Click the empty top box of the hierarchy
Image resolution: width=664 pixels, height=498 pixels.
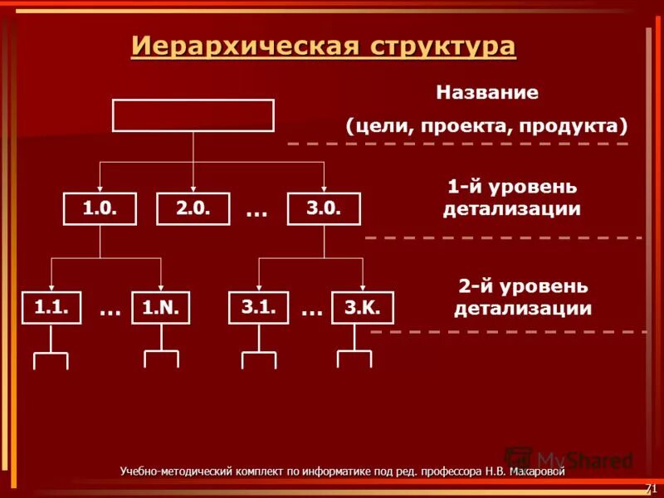point(193,115)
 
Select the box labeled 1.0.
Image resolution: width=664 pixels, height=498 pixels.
point(100,209)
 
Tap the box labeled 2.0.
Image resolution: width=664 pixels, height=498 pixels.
point(193,209)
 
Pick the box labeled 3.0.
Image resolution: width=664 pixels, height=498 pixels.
point(324,209)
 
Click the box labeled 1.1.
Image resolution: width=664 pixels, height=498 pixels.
point(51,308)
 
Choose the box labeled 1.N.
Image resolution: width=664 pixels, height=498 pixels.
point(161,309)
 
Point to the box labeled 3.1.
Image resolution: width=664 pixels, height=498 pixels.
point(258,308)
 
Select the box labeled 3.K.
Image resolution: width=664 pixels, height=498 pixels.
point(362,309)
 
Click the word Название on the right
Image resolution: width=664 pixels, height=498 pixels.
point(487,92)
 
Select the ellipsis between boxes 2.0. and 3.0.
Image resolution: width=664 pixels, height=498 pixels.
point(256,212)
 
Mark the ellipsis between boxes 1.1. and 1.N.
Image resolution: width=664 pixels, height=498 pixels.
point(110,311)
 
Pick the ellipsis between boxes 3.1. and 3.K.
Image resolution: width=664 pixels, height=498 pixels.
point(311,311)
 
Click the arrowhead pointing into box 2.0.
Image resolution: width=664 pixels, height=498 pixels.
point(193,189)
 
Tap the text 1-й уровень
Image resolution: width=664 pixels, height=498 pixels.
point(512,186)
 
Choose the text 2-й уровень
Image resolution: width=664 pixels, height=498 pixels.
point(523,286)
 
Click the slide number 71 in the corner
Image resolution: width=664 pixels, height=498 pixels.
point(651,487)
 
